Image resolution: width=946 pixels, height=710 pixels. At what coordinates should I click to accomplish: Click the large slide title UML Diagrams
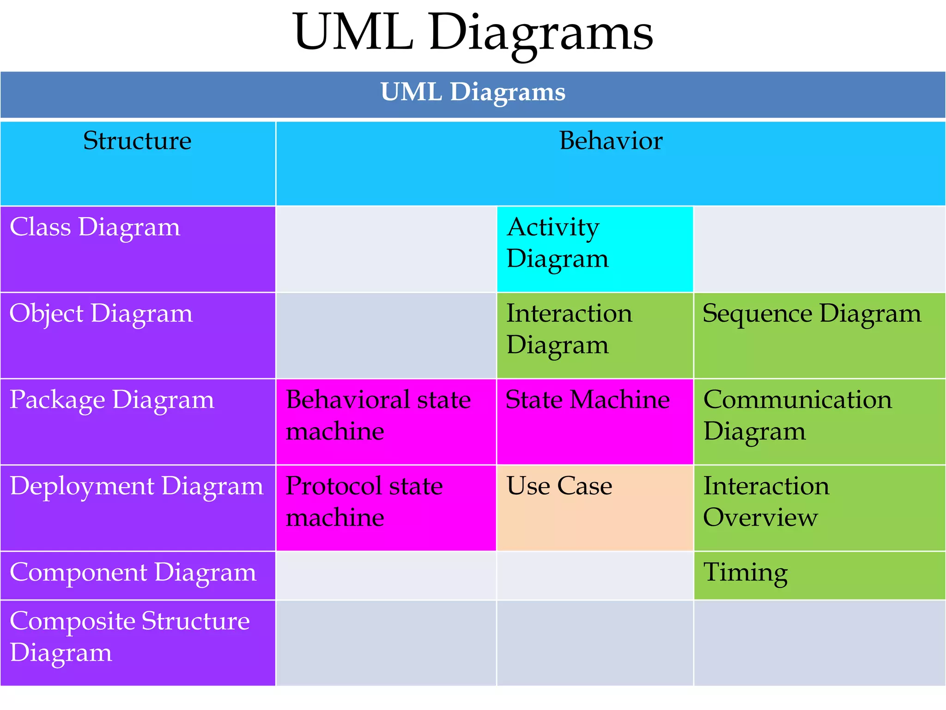click(x=473, y=33)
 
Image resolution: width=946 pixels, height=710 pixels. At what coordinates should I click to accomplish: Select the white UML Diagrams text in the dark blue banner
click(x=473, y=92)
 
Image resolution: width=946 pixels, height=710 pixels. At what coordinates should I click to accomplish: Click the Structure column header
click(x=137, y=141)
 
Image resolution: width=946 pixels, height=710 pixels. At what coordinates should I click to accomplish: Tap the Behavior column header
click(x=611, y=141)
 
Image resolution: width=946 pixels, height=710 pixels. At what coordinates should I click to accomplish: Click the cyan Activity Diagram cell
click(x=594, y=249)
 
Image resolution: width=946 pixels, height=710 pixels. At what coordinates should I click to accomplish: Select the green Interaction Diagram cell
click(x=594, y=335)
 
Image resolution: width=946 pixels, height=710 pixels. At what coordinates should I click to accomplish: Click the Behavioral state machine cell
click(x=386, y=421)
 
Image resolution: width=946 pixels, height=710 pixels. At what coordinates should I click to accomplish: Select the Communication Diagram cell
click(x=819, y=421)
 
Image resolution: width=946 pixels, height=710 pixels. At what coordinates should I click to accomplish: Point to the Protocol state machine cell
click(x=386, y=508)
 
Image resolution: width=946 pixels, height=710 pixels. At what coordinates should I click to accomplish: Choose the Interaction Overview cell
click(x=819, y=508)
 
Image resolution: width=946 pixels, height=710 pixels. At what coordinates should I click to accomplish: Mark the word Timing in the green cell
click(x=746, y=573)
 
